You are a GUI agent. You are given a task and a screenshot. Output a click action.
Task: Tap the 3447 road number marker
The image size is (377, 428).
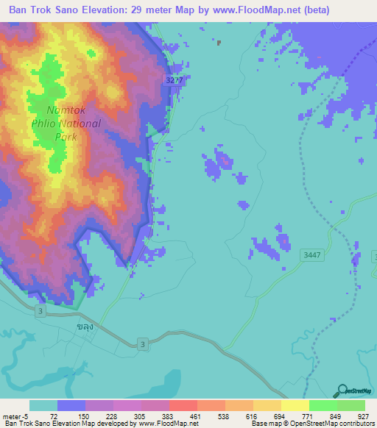point(312,254)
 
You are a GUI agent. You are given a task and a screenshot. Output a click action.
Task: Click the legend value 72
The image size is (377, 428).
point(53,416)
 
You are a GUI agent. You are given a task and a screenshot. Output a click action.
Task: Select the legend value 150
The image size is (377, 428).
point(83,416)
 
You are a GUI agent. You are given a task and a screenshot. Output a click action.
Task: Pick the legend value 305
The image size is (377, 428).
point(139,416)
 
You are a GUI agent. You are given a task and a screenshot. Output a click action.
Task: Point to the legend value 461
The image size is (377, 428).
point(195,416)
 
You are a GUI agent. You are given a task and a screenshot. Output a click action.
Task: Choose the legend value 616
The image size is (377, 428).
point(252,416)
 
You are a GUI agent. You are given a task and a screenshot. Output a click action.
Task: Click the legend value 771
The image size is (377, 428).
point(308,416)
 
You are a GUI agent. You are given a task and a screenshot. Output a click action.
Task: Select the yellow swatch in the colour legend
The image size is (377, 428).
point(267,405)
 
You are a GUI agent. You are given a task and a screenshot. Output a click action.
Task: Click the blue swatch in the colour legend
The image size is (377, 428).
point(71,405)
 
